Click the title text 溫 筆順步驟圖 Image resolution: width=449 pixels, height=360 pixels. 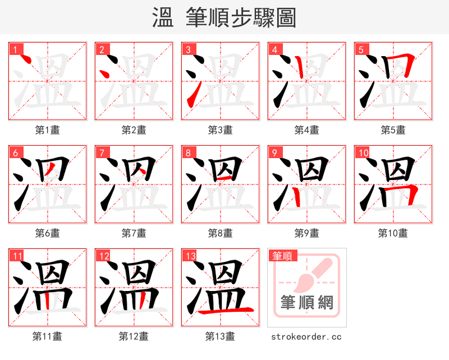(x=224, y=17)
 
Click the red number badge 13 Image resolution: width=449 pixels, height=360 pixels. (x=190, y=256)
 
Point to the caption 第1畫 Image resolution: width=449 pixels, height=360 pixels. (x=48, y=130)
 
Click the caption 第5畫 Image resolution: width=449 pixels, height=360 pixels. (x=393, y=130)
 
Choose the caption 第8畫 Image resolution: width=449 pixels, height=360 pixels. (x=220, y=233)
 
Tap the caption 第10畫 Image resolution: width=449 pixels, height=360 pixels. (x=393, y=233)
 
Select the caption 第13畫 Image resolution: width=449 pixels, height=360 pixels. (x=220, y=336)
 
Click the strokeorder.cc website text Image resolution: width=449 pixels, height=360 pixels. (x=306, y=336)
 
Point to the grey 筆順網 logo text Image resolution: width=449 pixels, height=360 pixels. (x=307, y=303)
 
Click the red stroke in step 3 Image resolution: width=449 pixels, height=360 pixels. (x=192, y=96)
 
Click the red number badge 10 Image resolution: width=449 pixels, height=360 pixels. (x=364, y=153)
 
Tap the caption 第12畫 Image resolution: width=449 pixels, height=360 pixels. (x=134, y=336)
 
